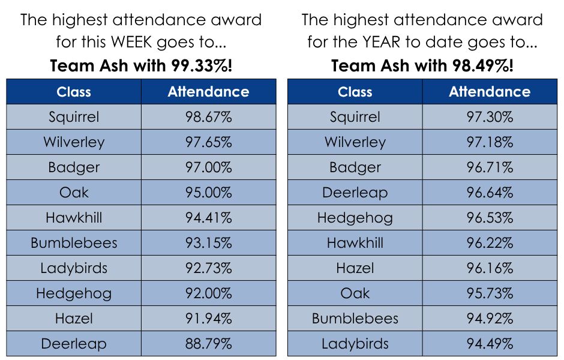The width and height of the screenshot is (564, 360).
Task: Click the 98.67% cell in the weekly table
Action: point(208,117)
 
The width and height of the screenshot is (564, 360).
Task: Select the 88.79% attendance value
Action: point(208,344)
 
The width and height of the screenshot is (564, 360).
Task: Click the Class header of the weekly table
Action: point(74,92)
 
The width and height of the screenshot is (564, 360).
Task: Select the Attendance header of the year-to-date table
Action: point(490,92)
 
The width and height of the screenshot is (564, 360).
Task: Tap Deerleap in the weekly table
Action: point(74,344)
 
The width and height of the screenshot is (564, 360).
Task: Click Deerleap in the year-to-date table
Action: point(355,193)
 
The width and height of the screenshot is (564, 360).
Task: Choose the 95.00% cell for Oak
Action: point(208,193)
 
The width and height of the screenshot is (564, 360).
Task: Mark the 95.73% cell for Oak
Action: point(490,293)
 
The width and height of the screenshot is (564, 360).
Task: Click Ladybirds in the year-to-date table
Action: point(355,344)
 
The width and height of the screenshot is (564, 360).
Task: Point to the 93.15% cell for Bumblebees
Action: point(208,243)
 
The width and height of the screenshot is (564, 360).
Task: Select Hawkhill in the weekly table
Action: point(74,218)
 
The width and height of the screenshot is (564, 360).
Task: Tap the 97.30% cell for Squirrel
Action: point(490,117)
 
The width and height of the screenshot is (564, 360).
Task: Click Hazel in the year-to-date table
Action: point(355,268)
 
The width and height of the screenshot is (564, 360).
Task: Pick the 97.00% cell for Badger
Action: point(208,167)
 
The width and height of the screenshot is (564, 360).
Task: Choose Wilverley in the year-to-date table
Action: point(355,142)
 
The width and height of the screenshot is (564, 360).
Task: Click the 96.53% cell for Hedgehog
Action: point(490,218)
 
